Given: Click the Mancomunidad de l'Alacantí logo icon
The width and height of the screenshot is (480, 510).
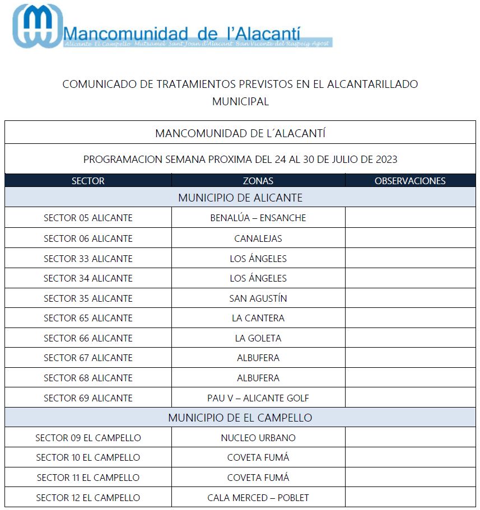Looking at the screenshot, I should pos(38,25).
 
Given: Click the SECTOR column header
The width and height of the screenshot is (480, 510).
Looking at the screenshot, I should pos(88,181).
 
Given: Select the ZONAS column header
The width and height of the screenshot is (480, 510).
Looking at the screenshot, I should pos(258,181).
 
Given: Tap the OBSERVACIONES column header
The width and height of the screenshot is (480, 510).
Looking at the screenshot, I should pos(410,181).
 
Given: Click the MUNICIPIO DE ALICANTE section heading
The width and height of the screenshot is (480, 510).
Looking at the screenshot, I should pos(240,198).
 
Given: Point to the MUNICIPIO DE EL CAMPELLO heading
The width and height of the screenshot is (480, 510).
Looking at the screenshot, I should pos(240,418).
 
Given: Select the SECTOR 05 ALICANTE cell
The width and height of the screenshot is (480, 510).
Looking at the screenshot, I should pos(88,218).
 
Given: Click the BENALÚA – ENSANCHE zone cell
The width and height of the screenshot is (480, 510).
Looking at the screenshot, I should pos(258,218).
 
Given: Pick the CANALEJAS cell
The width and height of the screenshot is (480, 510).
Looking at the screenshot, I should pos(258,238).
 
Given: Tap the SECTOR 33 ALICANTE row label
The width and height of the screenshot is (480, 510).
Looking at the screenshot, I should pos(88,259).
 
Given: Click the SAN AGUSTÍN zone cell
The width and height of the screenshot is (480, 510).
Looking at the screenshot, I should pos(258,298).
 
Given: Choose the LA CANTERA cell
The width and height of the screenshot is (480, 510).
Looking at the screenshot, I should pos(258,318).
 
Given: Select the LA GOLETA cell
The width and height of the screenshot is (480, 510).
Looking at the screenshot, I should pos(258,338).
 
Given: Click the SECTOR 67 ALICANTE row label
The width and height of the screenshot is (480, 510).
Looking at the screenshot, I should pos(88,358).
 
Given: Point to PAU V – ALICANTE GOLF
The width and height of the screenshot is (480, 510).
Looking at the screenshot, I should pos(258,398).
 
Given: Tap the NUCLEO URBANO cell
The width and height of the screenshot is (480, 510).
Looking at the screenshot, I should pos(258,438).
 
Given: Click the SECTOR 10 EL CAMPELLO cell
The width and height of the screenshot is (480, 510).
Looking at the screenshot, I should pos(88,457).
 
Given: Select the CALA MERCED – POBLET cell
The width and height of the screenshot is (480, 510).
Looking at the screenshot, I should pos(258,498).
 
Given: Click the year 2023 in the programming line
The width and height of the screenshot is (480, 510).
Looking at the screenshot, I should pos(385,160).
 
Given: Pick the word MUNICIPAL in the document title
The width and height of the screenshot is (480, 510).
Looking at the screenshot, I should pos(240,102).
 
